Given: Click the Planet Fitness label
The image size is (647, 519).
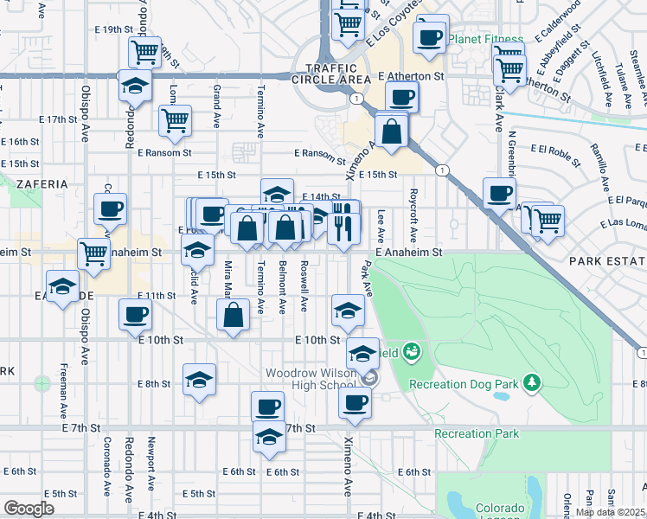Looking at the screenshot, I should point(491,40).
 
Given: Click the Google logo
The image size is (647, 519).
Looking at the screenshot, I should point(29,509).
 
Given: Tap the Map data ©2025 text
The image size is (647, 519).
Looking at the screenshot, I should point(610,512).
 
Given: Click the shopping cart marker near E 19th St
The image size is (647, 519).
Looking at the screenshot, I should point(145,51).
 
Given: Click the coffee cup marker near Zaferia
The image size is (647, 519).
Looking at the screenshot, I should point(111,209).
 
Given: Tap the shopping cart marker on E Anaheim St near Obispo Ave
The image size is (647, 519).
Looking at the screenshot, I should point(93,253).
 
